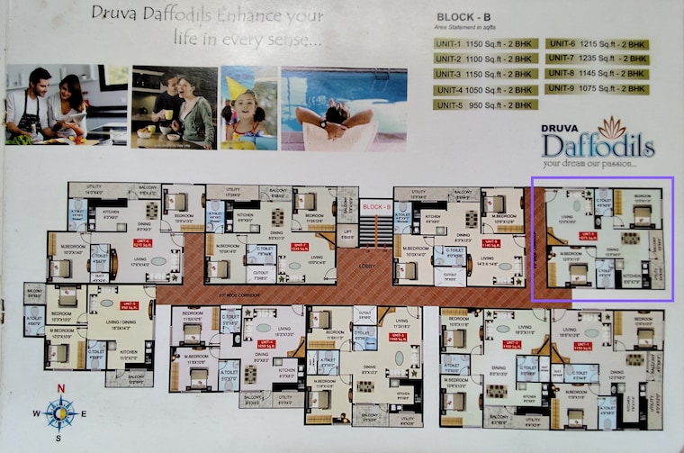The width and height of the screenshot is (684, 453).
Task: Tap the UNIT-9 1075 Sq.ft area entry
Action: pyautogui.click(x=596, y=89)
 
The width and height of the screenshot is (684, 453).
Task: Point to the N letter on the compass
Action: pyautogui.click(x=60, y=389)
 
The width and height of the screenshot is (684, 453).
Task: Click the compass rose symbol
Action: pyautogui.click(x=60, y=413)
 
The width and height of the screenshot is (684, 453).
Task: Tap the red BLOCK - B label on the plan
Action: pyautogui.click(x=375, y=206)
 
